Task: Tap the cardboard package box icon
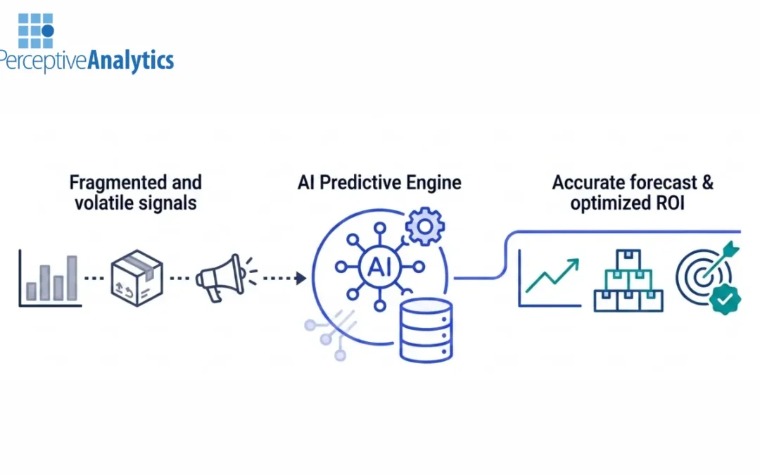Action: click(x=137, y=277)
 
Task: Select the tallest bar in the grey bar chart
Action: click(x=71, y=277)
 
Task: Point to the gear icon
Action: click(x=424, y=226)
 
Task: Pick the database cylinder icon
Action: click(x=426, y=329)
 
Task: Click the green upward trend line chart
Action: click(x=553, y=276)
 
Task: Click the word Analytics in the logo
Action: click(x=131, y=61)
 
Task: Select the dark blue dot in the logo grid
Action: click(x=47, y=31)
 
